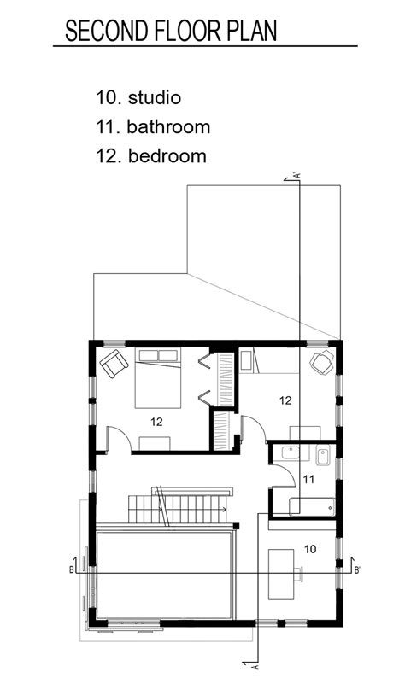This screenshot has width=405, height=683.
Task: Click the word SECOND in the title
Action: pos(106,31)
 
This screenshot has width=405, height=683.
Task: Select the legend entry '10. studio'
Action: pos(138,97)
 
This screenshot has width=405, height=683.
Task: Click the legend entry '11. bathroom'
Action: pos(153,126)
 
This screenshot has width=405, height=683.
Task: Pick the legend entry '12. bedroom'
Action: pos(151,156)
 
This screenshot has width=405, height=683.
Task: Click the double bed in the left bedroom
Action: pos(158,378)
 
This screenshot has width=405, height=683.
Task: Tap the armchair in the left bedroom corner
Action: pos(114,364)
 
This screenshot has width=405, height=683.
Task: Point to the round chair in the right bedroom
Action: pos(322,362)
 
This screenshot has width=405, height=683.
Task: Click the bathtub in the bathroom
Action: pos(312,507)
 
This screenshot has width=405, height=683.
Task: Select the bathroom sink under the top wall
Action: pos(291,453)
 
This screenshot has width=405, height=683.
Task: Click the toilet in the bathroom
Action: pos(323,455)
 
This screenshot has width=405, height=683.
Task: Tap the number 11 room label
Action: pos(308,480)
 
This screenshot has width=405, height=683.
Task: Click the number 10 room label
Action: pos(310,549)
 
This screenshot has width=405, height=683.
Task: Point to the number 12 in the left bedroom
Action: pos(156,422)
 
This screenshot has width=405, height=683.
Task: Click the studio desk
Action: pos(281,574)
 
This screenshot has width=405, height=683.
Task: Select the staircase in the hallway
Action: pos(181,506)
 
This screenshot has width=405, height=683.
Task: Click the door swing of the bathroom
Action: pos(288,470)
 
